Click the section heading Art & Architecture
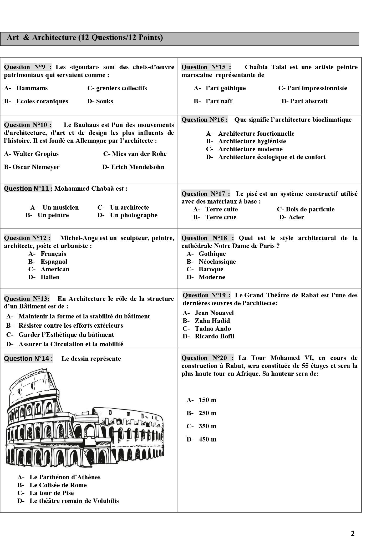click(85, 38)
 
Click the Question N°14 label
click(28, 358)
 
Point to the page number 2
click(353, 533)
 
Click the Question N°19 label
click(206, 295)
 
